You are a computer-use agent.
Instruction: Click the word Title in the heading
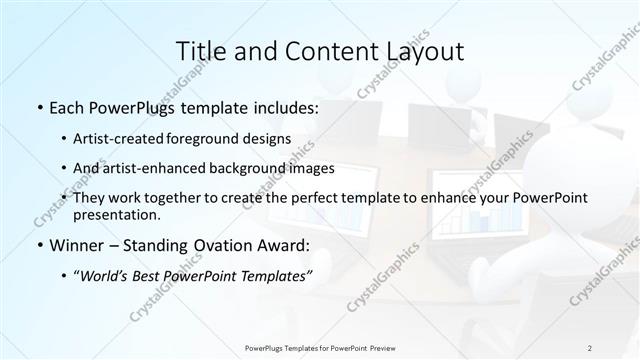tap(198, 51)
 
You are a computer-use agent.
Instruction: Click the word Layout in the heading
tap(420, 51)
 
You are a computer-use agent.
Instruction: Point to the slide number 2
tap(590, 348)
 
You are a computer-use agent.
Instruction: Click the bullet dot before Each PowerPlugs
tap(38, 106)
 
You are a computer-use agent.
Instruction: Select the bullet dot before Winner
tap(38, 245)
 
